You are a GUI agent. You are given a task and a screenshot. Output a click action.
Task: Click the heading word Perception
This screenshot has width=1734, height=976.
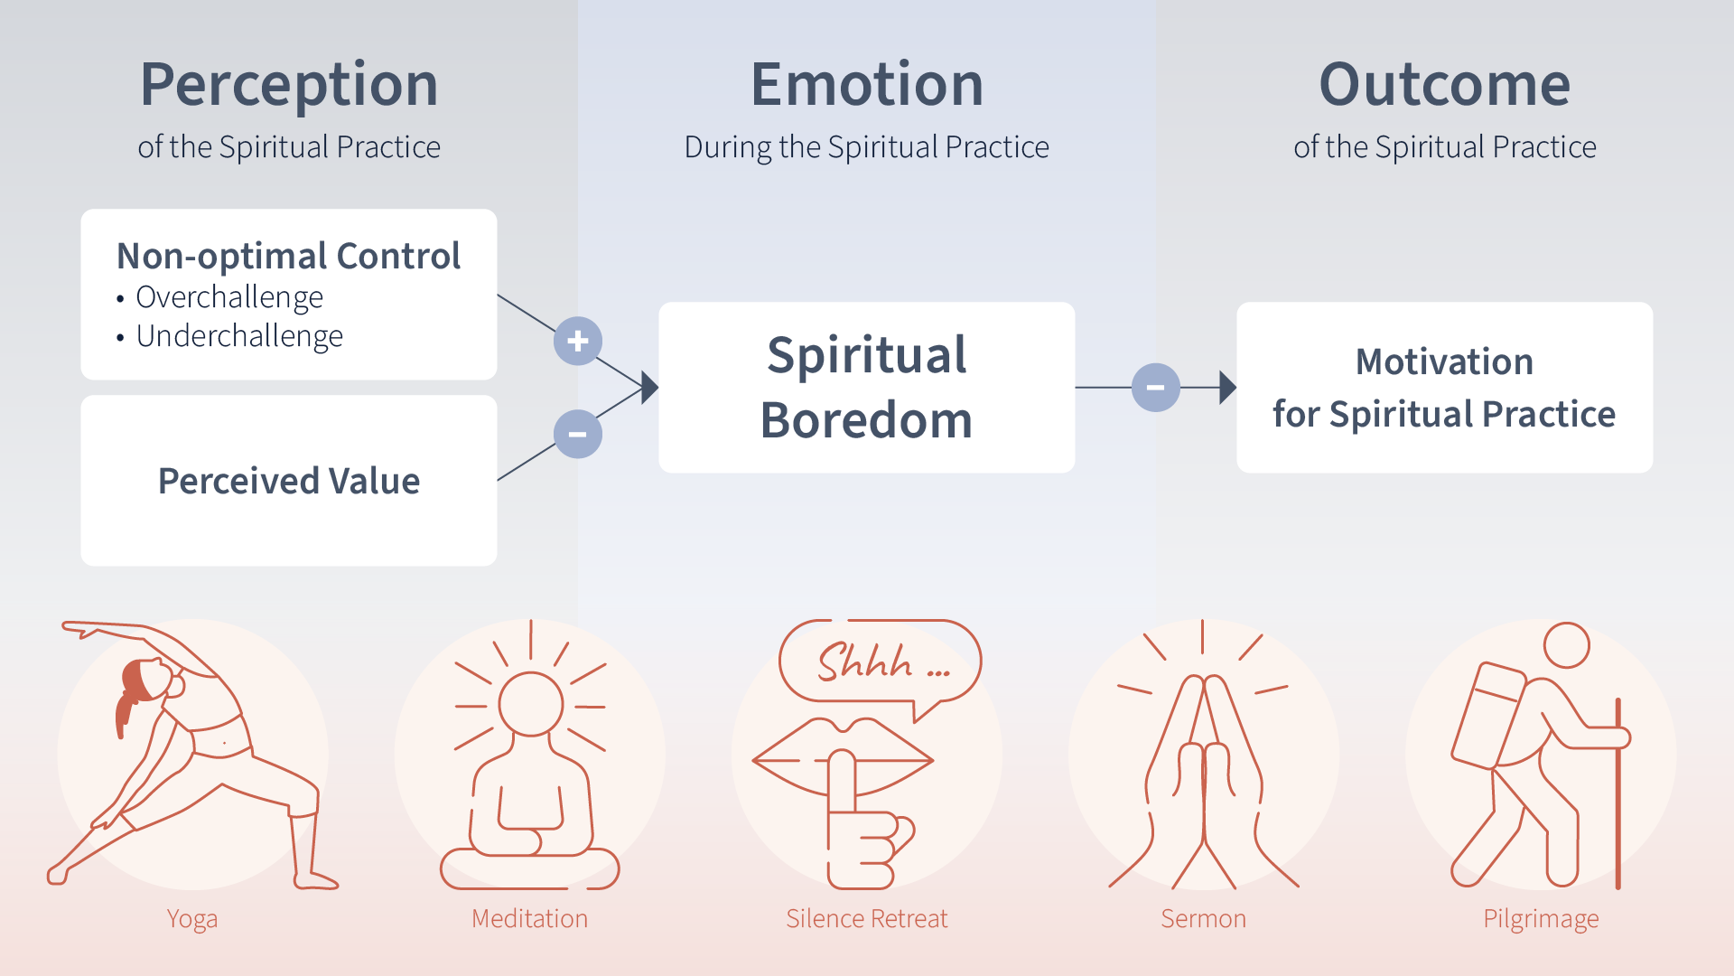coord(289,85)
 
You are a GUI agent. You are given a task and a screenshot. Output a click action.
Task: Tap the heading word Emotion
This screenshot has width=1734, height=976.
coord(867,85)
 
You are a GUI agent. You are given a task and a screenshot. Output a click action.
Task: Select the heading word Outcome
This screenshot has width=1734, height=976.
coord(1444,85)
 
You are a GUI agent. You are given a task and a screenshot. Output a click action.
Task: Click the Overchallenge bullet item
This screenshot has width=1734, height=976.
coord(229,297)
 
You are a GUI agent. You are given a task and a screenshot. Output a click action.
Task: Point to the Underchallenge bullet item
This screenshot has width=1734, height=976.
coord(239,336)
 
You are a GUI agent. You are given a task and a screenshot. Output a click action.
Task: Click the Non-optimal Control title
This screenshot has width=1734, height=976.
coord(289,256)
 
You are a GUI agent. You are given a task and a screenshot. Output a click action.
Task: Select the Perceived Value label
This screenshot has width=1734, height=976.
coord(289,481)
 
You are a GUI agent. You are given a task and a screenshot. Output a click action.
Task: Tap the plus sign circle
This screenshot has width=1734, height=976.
coord(578,341)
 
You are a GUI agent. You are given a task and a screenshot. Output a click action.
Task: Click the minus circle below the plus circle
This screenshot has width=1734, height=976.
coord(578,434)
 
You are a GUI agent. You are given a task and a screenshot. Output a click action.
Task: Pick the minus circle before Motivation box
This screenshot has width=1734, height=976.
coord(1155,388)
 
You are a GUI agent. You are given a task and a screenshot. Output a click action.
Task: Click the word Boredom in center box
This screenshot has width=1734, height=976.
coord(867,420)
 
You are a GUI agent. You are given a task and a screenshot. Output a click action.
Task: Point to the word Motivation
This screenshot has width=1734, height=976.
coord(1444,361)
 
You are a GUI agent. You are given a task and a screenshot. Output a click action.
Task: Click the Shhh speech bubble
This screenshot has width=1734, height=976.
coord(881,662)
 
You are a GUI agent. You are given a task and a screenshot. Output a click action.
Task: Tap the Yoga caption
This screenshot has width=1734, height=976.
coord(192,919)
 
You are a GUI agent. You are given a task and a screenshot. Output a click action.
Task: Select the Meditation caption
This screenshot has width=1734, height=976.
coord(529,919)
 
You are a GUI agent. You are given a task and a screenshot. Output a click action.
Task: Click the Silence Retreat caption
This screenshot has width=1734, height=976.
coord(867,919)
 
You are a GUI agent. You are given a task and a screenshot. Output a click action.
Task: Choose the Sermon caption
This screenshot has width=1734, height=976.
coord(1203,919)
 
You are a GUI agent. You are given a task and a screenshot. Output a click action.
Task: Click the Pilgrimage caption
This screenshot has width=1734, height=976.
coord(1541,919)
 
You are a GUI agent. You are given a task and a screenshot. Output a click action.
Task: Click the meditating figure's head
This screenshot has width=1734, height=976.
coord(531,704)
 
